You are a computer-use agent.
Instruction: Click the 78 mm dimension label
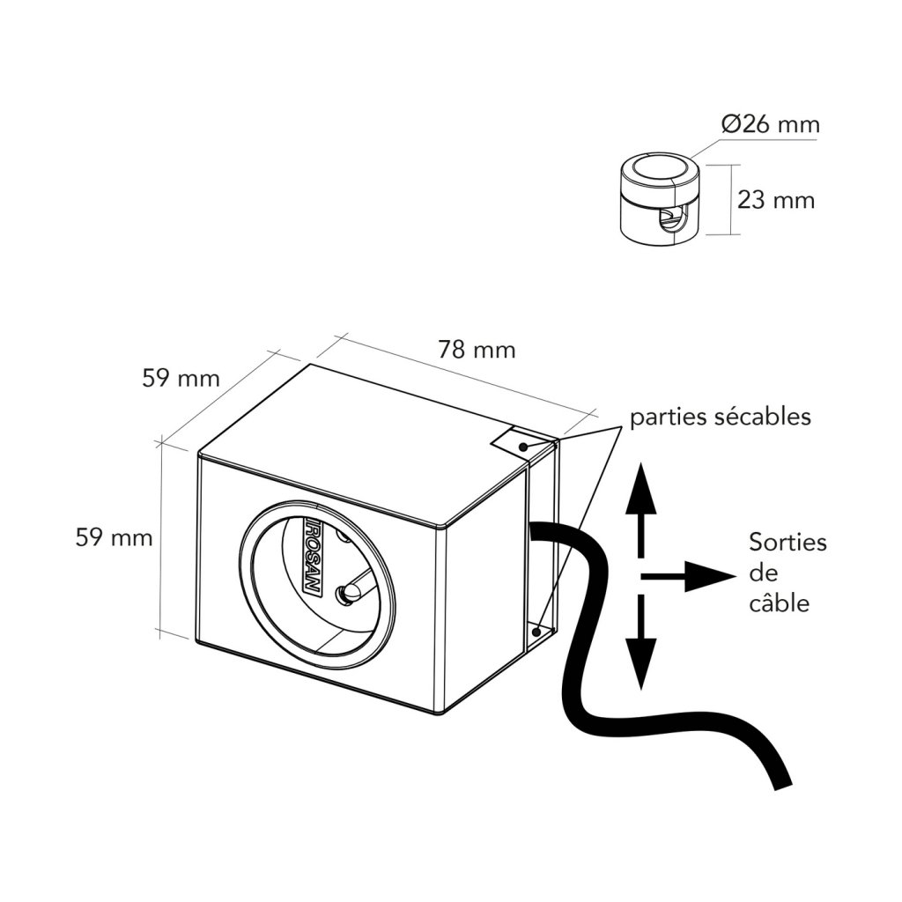point(477,350)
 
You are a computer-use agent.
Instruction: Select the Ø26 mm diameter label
point(770,124)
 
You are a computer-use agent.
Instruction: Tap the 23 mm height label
point(776,200)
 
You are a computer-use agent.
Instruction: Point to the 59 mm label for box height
point(114,537)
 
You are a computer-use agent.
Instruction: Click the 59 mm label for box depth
point(180,379)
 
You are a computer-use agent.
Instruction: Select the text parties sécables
point(720,417)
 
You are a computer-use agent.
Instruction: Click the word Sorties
point(787,542)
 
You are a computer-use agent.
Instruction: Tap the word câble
point(779,603)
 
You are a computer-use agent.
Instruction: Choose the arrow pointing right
point(696,577)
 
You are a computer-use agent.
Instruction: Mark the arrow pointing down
point(641,647)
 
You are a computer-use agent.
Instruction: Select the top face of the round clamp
point(659,170)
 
